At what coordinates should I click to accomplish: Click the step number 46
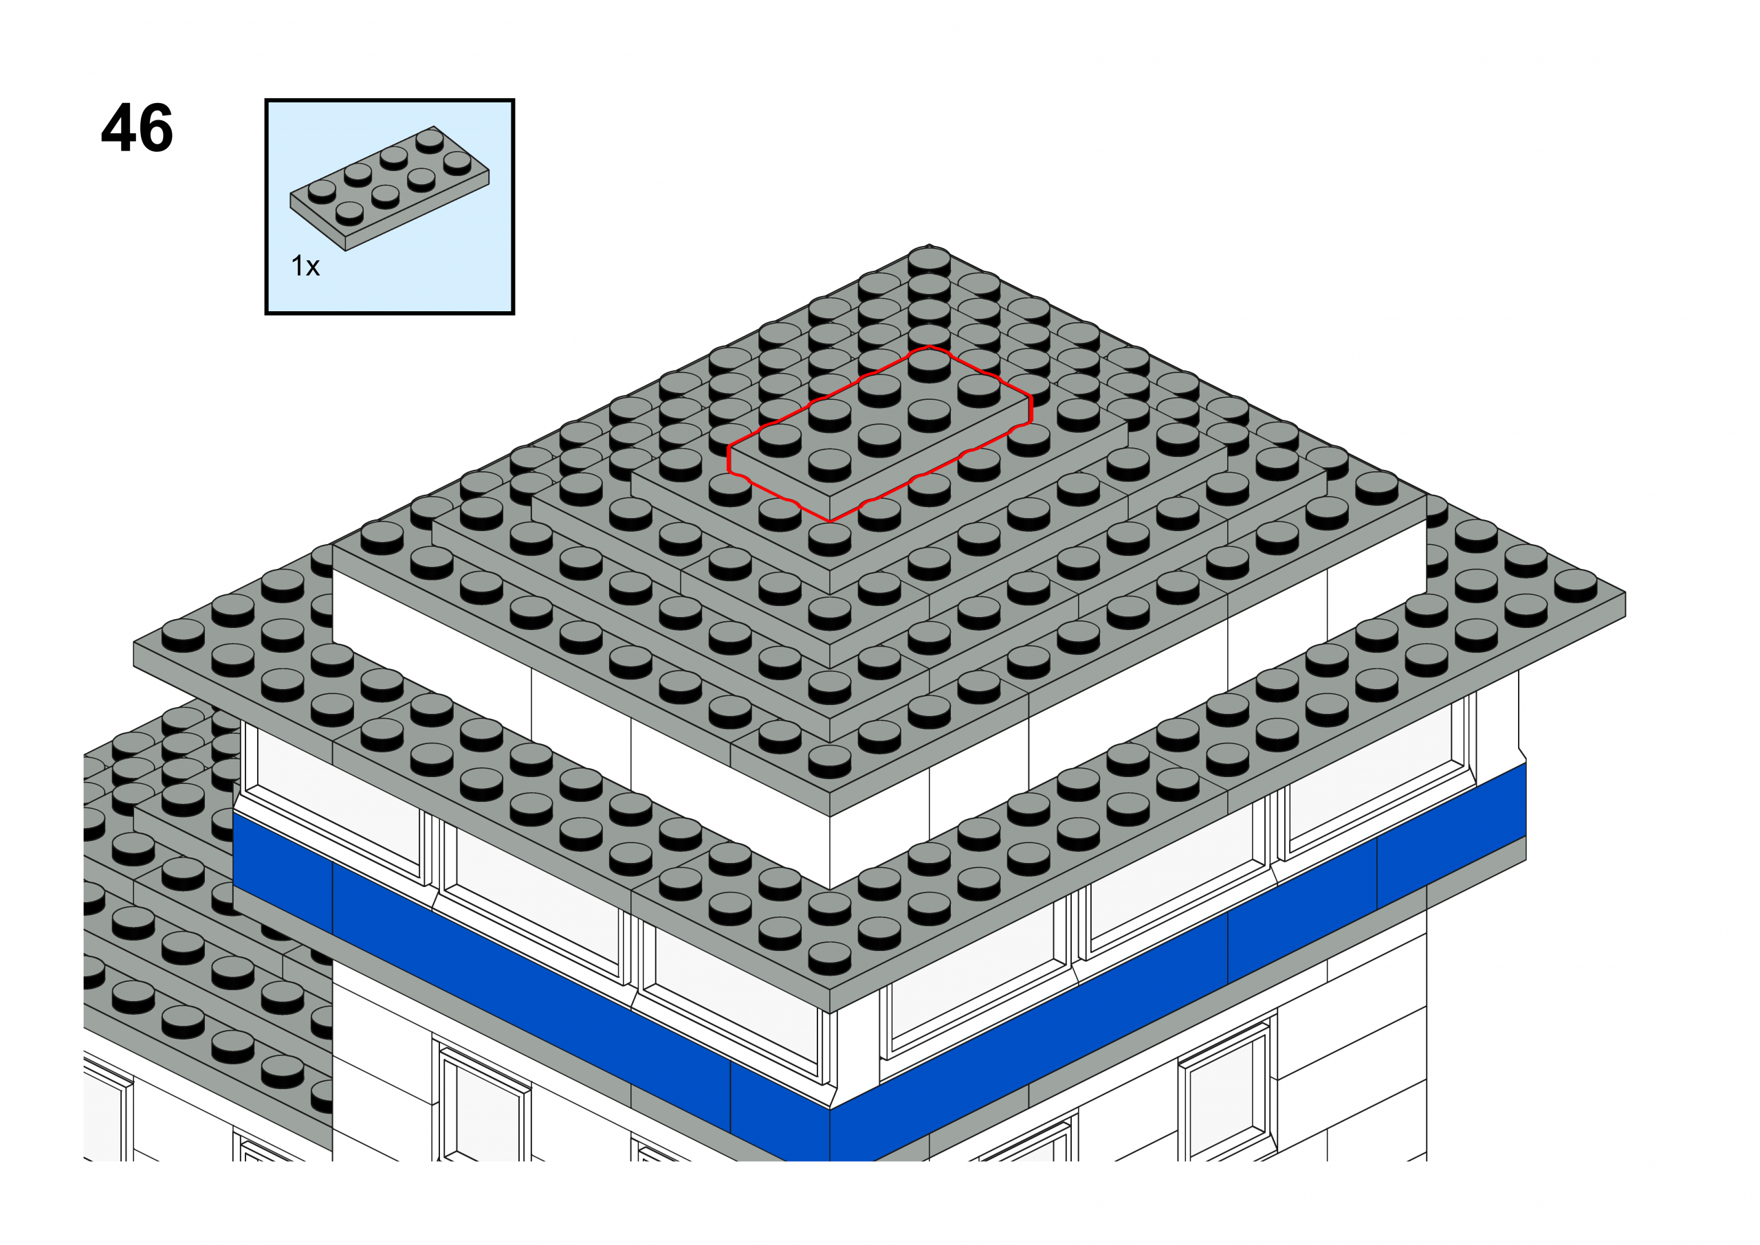(x=137, y=128)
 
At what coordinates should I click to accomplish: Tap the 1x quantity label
(x=305, y=266)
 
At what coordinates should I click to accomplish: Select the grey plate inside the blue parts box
(x=390, y=188)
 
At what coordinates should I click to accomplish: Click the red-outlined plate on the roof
(x=879, y=434)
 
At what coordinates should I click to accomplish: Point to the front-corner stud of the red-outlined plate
(x=830, y=464)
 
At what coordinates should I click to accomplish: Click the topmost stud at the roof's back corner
(x=929, y=261)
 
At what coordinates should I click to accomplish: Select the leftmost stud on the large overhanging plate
(x=184, y=635)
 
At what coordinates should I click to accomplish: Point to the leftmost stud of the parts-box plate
(x=322, y=191)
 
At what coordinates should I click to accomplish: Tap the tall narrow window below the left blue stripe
(x=483, y=1104)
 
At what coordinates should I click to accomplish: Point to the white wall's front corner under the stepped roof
(x=830, y=851)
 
